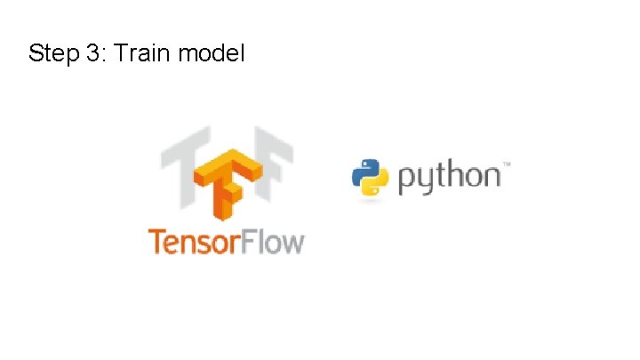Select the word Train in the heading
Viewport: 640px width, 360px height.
[x=141, y=53]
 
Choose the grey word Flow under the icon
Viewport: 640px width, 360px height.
[x=276, y=242]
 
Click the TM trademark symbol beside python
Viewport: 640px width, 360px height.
[x=507, y=164]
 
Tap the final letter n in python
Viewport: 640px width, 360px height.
[x=492, y=178]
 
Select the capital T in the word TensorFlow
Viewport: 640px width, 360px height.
[x=156, y=241]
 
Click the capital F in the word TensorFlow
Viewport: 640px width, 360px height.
[x=255, y=241]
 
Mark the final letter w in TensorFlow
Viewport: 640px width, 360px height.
[x=292, y=243]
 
